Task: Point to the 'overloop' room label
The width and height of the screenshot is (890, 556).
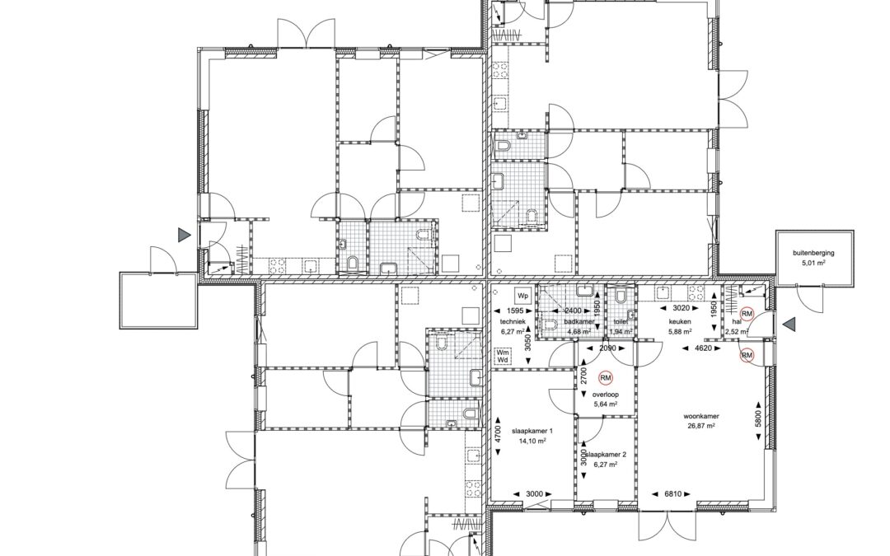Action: pyautogui.click(x=606, y=395)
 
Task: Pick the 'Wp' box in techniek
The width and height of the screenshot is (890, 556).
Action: pyautogui.click(x=522, y=295)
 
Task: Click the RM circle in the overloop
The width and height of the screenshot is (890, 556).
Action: pyautogui.click(x=606, y=378)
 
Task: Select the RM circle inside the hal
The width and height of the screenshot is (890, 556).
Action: pyautogui.click(x=747, y=314)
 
